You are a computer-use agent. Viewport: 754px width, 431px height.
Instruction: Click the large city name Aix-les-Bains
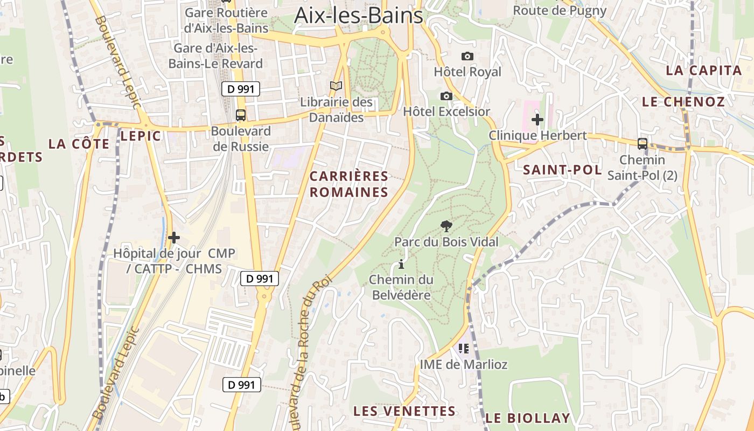pyautogui.click(x=359, y=15)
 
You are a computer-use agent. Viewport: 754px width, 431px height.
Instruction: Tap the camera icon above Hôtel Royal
pyautogui.click(x=467, y=56)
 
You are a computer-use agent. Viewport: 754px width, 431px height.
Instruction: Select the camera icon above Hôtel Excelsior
pyautogui.click(x=446, y=96)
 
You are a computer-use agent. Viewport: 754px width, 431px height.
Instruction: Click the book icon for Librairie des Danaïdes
pyautogui.click(x=336, y=86)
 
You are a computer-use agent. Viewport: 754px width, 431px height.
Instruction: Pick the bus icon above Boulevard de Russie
pyautogui.click(x=241, y=115)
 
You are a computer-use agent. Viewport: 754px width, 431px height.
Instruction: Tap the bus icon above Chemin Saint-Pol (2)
pyautogui.click(x=642, y=144)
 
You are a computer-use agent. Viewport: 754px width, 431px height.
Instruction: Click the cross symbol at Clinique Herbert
pyautogui.click(x=537, y=120)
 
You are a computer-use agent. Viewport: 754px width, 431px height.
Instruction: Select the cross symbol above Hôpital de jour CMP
pyautogui.click(x=173, y=237)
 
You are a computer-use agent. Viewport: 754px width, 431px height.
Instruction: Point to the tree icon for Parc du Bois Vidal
pyautogui.click(x=446, y=226)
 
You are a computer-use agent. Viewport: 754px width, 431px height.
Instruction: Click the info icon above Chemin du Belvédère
pyautogui.click(x=401, y=265)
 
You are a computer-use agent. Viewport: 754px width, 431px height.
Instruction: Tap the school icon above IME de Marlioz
pyautogui.click(x=463, y=349)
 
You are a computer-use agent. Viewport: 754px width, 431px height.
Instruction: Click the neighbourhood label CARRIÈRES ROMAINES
pyautogui.click(x=349, y=184)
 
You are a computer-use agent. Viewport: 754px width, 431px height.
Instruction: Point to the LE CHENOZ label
pyautogui.click(x=683, y=102)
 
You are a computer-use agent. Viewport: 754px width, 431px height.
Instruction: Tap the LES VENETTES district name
pyautogui.click(x=404, y=411)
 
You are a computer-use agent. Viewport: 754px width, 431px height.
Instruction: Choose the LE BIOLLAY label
pyautogui.click(x=528, y=418)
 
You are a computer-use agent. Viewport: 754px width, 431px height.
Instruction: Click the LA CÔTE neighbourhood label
pyautogui.click(x=79, y=144)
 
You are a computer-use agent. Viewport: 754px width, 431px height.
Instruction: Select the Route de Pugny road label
pyautogui.click(x=560, y=10)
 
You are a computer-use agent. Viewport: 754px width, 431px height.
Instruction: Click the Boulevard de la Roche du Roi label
pyautogui.click(x=304, y=350)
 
